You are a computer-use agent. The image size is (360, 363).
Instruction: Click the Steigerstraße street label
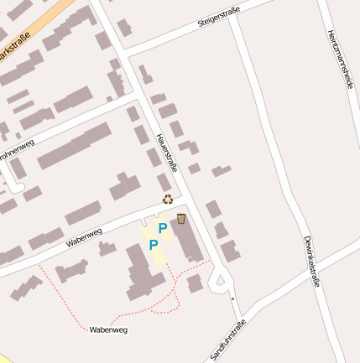[218, 16]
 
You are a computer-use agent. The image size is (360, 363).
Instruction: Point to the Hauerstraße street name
[167, 153]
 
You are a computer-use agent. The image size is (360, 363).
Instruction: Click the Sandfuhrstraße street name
[228, 340]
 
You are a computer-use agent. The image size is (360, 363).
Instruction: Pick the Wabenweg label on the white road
[83, 238]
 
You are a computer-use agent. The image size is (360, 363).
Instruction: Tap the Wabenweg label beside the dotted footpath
[107, 330]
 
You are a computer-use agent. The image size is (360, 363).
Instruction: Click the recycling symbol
[168, 200]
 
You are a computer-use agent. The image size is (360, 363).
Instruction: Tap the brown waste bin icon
[181, 219]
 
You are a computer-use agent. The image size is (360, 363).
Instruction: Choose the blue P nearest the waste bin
[163, 227]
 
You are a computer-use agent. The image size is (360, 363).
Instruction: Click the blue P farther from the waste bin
[153, 245]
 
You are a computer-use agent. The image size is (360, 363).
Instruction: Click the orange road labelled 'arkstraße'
[42, 26]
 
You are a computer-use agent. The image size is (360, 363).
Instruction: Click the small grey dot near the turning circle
[232, 298]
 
